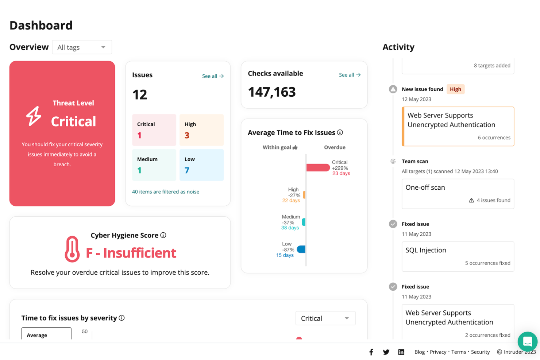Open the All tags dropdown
tap(82, 47)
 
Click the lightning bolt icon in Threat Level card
tap(34, 116)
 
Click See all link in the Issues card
tap(213, 76)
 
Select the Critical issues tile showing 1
tap(154, 130)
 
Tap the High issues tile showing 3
tap(201, 130)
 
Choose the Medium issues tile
tap(154, 165)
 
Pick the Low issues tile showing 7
tap(201, 165)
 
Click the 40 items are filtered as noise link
tap(165, 191)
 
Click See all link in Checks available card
tap(350, 75)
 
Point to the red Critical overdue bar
tap(318, 167)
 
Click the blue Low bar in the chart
tap(301, 249)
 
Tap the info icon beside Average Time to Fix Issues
tap(340, 132)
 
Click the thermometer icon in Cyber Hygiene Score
tap(72, 249)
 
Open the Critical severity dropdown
tap(325, 318)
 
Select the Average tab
tap(46, 334)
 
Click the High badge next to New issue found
tap(455, 89)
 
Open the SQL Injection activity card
tap(458, 256)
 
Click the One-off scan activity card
tap(458, 193)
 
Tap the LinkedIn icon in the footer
tap(401, 352)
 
